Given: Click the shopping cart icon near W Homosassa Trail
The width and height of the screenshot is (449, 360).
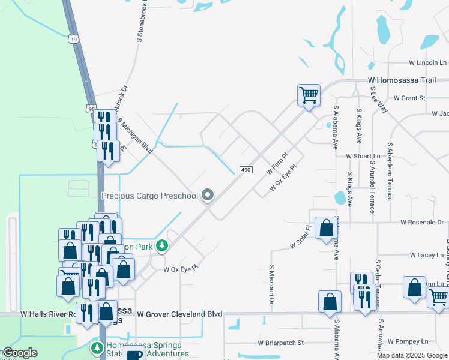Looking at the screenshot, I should [x=309, y=95].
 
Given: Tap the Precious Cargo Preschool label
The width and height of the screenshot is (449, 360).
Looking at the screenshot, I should [x=149, y=196].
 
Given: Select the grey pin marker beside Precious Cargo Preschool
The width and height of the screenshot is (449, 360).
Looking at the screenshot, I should [x=208, y=195].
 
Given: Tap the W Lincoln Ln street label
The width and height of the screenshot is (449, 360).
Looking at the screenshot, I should [x=428, y=62].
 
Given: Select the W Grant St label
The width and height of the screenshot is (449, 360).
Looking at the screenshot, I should [x=409, y=98].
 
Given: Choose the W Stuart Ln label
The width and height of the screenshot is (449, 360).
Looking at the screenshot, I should [x=363, y=156].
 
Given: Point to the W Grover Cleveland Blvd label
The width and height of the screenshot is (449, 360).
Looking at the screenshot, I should [x=179, y=314].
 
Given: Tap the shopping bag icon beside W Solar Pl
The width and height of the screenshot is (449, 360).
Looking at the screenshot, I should [x=326, y=229].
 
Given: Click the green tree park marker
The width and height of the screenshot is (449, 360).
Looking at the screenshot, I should [x=161, y=246].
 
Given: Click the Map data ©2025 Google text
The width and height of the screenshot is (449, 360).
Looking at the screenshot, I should [x=412, y=355].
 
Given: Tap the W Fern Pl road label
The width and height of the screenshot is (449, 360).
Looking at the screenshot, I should [x=277, y=163].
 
